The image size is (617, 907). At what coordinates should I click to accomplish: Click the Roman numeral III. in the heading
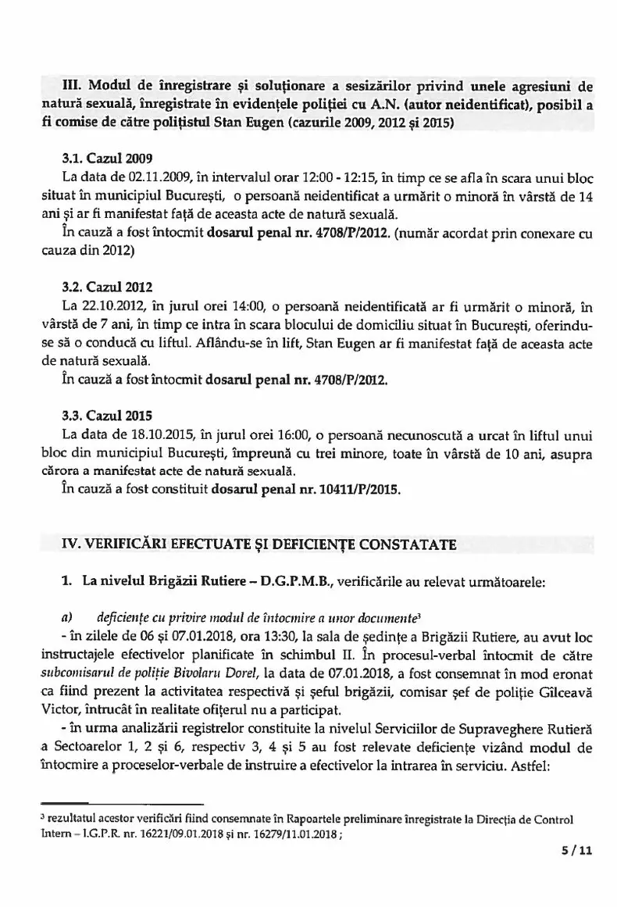tap(73, 86)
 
